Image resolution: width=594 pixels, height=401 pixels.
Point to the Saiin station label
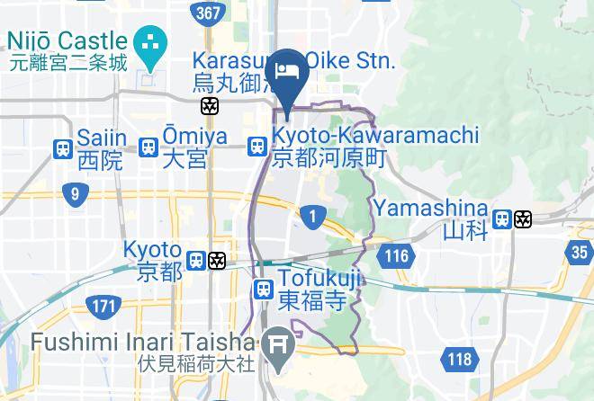point(99,148)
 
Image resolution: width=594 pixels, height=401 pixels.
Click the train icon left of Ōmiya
point(148,147)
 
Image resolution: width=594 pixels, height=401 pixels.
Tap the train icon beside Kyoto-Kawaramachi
point(257,147)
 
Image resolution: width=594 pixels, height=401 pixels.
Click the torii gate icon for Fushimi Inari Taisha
point(276,343)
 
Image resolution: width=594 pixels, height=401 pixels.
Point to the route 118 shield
point(457,361)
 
